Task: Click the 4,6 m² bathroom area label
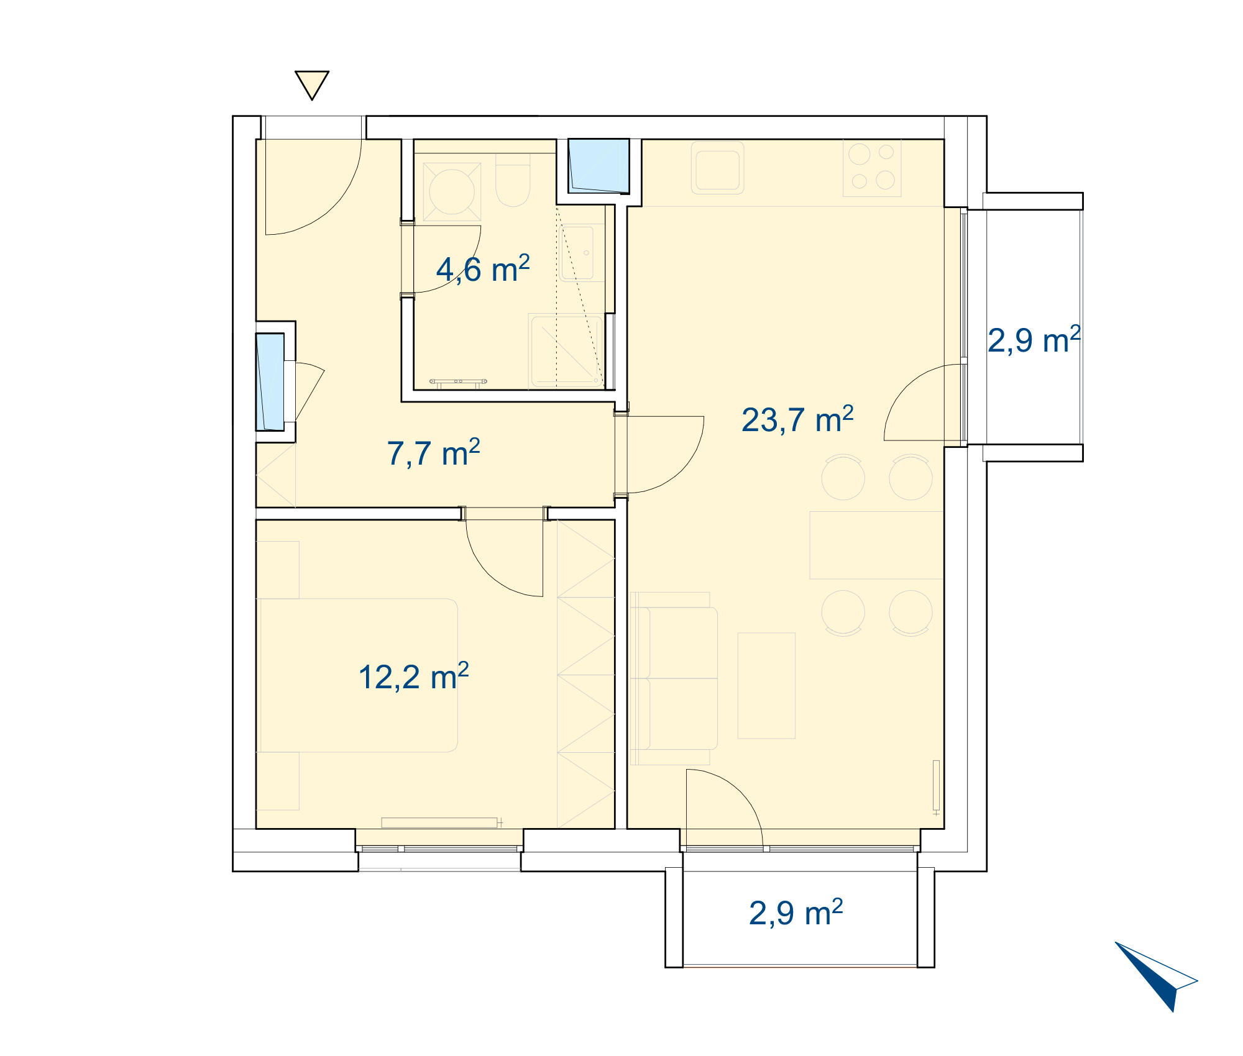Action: (x=483, y=270)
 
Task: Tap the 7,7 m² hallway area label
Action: (x=433, y=453)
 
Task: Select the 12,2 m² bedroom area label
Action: (x=413, y=676)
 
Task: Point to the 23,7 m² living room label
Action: (x=797, y=419)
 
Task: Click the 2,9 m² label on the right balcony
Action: (x=1034, y=340)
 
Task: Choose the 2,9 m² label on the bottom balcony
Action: (x=796, y=913)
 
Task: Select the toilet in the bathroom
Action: (x=513, y=180)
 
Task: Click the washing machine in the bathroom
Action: (x=452, y=192)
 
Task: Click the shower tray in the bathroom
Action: (x=566, y=352)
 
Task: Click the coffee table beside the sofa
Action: (x=766, y=686)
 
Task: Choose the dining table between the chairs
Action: (x=876, y=545)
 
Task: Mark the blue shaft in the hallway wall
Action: (x=270, y=382)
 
